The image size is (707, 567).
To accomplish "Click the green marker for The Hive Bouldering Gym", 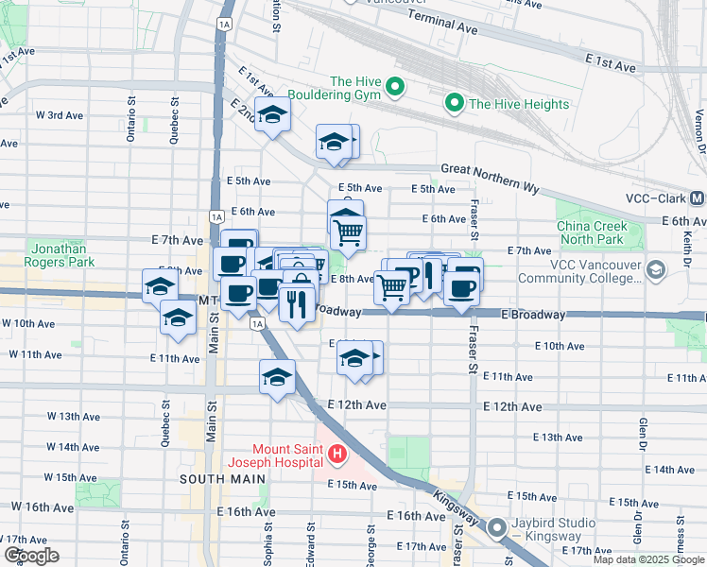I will click(395, 89).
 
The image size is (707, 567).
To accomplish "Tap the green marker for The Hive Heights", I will click(455, 103).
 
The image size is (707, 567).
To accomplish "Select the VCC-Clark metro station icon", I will click(697, 198).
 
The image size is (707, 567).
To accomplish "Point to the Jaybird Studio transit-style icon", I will click(498, 530).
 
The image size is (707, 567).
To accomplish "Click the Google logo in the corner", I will click(31, 556).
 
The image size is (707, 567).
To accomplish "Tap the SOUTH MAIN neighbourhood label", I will click(216, 479).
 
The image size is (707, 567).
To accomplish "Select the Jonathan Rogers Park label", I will click(63, 254).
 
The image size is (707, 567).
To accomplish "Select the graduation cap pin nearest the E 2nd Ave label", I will click(272, 115).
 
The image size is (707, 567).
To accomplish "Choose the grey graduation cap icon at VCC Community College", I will click(655, 271).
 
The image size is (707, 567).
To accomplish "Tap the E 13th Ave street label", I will click(558, 438).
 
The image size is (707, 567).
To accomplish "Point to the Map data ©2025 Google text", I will click(647, 558).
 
